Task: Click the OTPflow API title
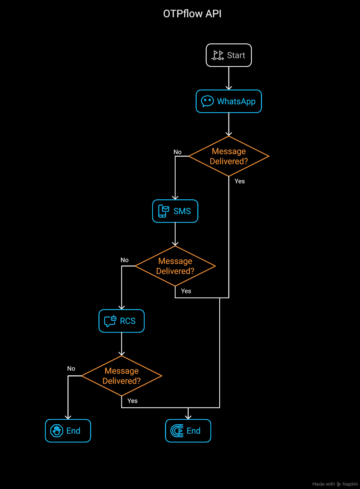(192, 14)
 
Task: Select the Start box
(229, 55)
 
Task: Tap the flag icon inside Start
(218, 55)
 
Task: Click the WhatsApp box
(229, 101)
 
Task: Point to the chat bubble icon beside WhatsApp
(207, 101)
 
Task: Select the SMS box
(175, 211)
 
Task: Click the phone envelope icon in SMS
(164, 211)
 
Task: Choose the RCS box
(122, 321)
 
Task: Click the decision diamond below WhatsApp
(229, 156)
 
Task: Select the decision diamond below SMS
(175, 266)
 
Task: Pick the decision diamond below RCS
(122, 376)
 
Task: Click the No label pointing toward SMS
(177, 152)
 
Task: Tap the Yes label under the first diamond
(240, 181)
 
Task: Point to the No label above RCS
(124, 260)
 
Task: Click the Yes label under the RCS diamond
(132, 401)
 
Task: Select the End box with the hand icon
(68, 431)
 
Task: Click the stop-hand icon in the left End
(57, 431)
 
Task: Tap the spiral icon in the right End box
(177, 431)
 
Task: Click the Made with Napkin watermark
(335, 484)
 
